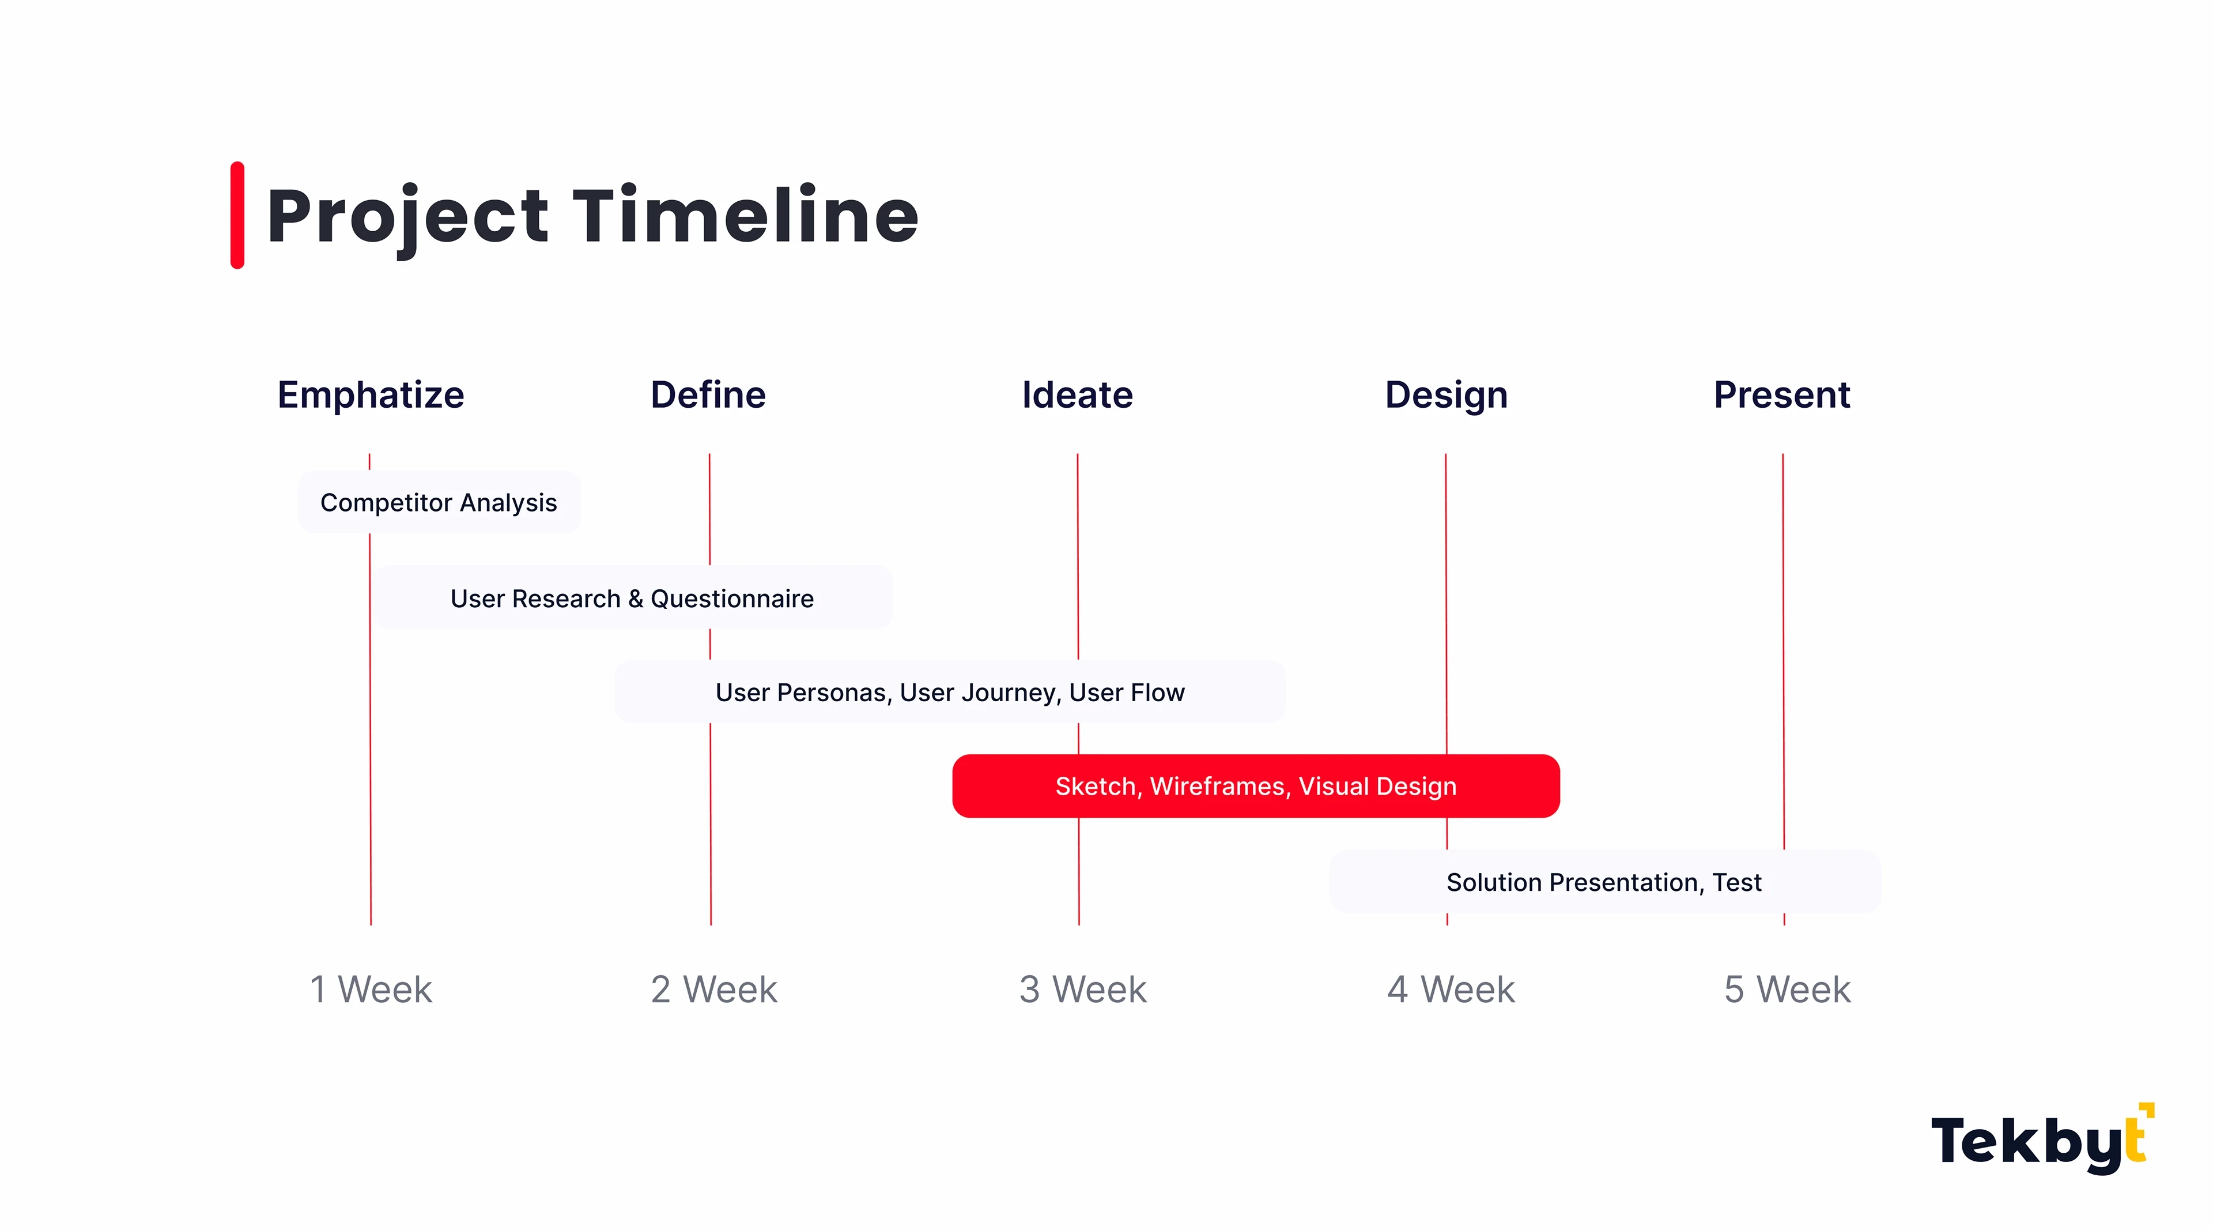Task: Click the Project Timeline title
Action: click(x=593, y=217)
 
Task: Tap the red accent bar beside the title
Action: click(x=237, y=215)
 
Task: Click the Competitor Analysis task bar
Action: click(x=439, y=502)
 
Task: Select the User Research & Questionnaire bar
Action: click(x=632, y=597)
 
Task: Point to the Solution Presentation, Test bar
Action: click(x=1605, y=882)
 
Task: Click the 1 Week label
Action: click(x=371, y=990)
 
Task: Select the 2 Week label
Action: click(x=714, y=990)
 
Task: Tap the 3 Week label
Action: click(x=1082, y=990)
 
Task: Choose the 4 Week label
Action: click(x=1451, y=990)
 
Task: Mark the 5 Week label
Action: click(x=1788, y=990)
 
